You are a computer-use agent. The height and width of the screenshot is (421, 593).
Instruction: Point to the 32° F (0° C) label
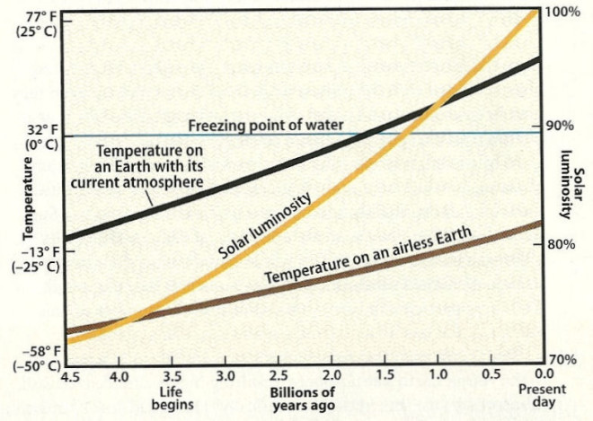point(37,137)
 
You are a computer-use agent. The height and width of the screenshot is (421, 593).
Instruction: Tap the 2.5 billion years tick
point(279,375)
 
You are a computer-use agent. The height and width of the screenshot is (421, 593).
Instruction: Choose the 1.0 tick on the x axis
point(438,375)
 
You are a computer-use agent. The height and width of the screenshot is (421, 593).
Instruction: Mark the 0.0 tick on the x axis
point(543,375)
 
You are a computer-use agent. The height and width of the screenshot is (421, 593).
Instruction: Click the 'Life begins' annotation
point(173,398)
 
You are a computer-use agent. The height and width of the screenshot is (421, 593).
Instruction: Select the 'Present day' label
point(543,398)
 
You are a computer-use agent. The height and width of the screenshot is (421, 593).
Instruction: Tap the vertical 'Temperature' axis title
point(28,197)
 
